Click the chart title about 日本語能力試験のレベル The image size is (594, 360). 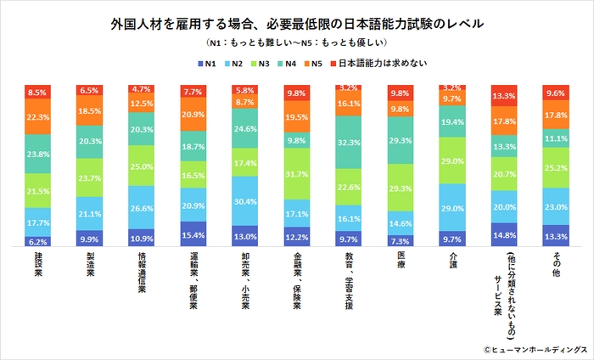pos(297,22)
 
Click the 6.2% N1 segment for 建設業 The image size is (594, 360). pos(38,241)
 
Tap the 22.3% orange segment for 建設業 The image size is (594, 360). pos(38,116)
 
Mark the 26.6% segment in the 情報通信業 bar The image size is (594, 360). pos(141,207)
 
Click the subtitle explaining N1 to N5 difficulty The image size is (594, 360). pos(296,41)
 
